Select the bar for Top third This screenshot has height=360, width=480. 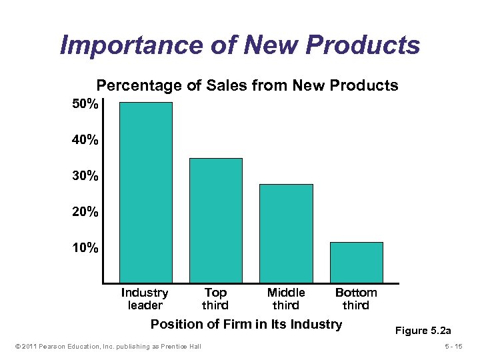(216, 220)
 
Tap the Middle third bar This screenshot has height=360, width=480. (286, 233)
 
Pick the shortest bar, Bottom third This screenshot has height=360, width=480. (357, 262)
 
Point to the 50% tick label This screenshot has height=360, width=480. (85, 105)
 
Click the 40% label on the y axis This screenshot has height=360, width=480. (85, 141)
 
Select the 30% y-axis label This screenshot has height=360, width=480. (85, 177)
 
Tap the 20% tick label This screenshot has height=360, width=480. (85, 213)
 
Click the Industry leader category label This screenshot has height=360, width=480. (145, 299)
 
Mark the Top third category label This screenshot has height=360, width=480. (215, 299)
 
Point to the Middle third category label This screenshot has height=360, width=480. (286, 299)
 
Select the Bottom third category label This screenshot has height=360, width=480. (356, 299)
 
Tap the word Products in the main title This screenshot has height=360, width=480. (369, 45)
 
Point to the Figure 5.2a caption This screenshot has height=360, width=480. (423, 330)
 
